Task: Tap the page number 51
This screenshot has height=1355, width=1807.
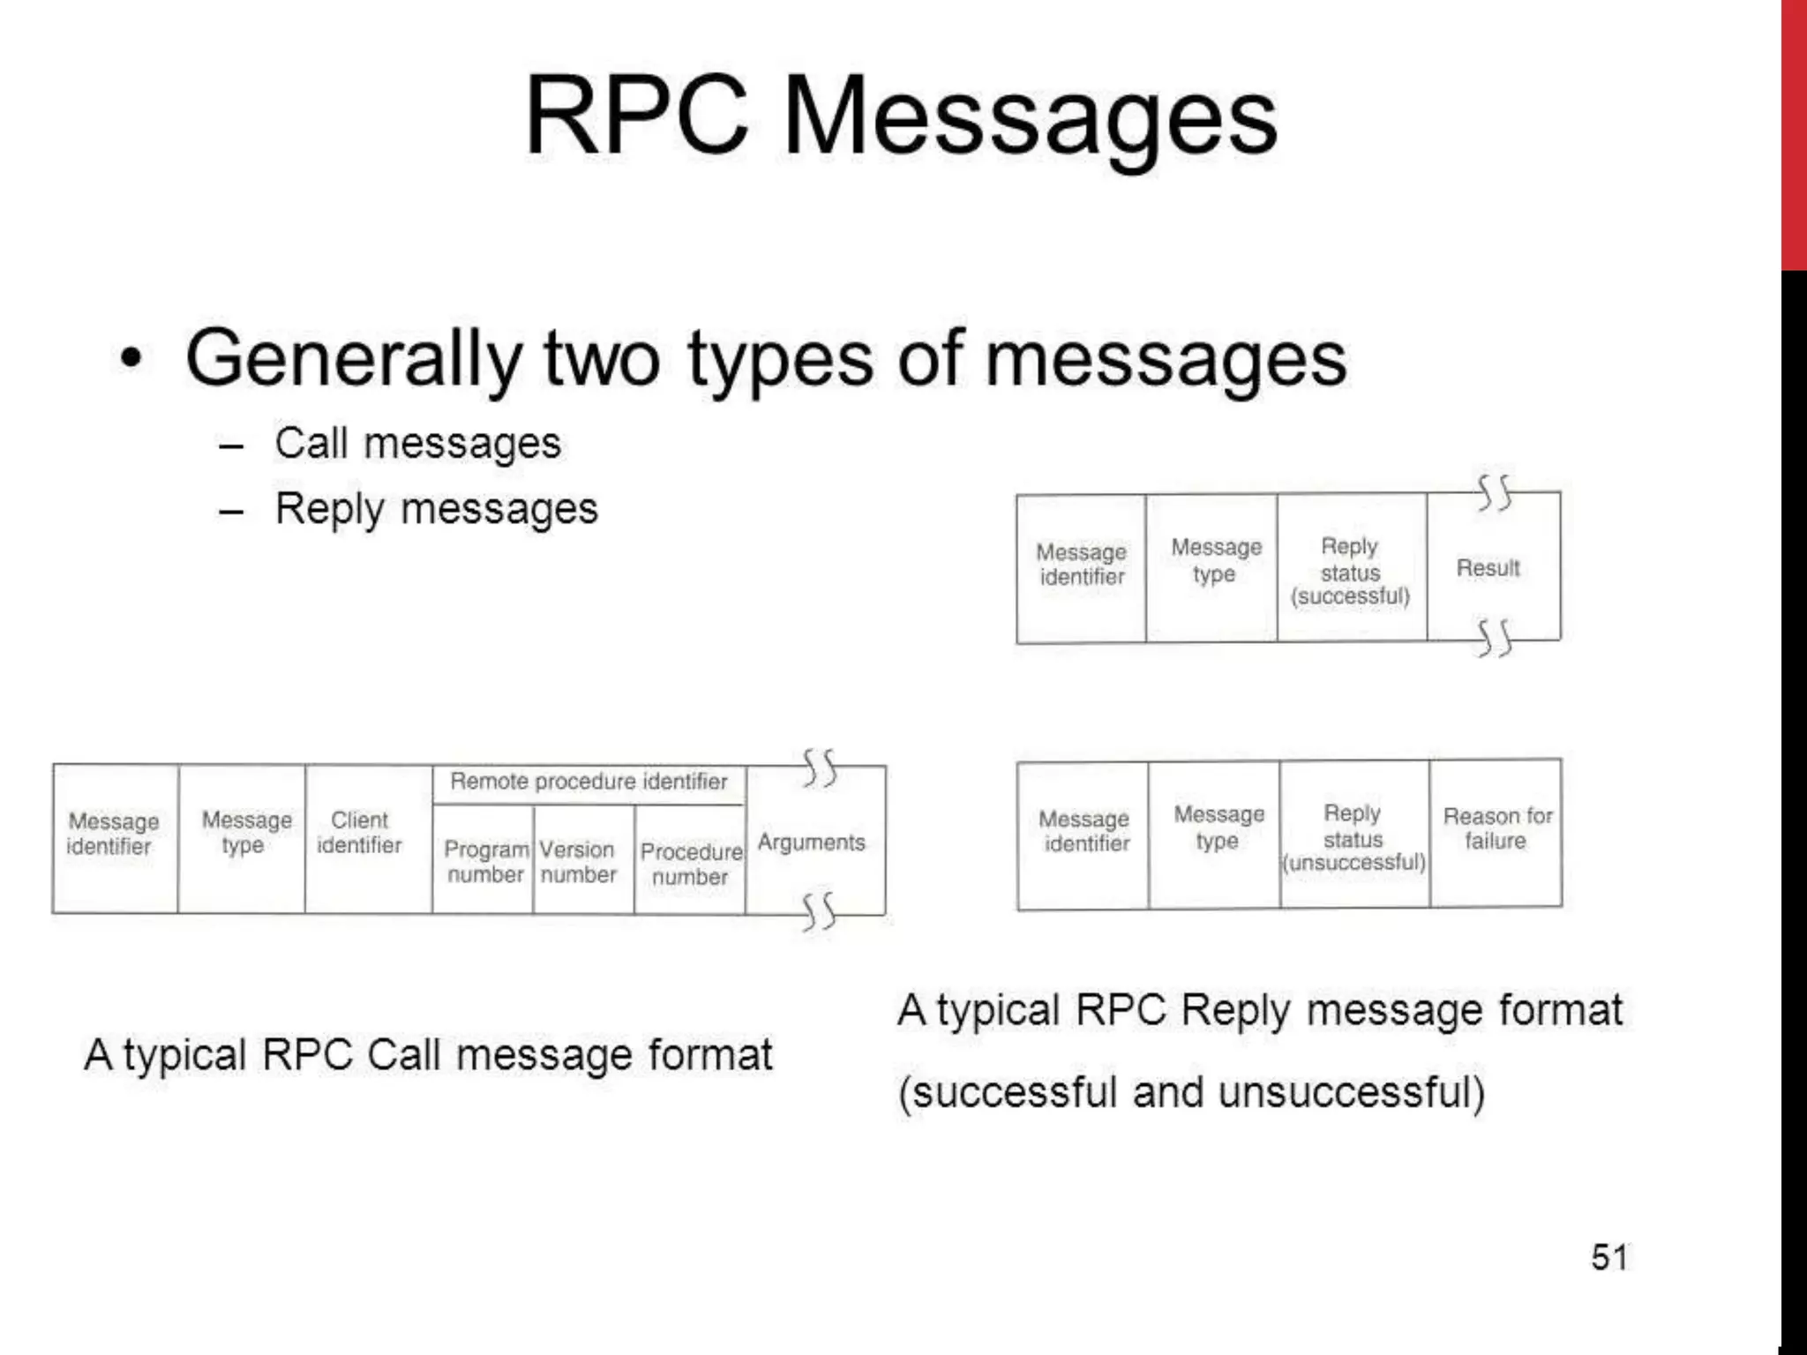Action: pos(1609,1257)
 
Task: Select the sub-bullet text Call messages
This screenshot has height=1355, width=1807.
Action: pos(417,443)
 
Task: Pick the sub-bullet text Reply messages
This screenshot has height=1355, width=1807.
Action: pos(436,509)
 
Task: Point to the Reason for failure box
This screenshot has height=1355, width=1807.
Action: pos(1496,829)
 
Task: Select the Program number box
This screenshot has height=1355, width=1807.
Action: pos(484,862)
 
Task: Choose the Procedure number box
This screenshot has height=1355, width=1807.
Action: pos(690,864)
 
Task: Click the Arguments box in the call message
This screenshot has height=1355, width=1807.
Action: pos(812,842)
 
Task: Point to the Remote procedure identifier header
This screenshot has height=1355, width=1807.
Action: pos(589,782)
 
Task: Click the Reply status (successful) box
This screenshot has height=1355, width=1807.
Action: pos(1351,572)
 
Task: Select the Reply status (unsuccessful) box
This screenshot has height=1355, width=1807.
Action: pos(1353,838)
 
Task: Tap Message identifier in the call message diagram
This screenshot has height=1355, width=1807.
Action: pos(113,834)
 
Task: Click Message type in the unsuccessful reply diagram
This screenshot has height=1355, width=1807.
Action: pos(1218,827)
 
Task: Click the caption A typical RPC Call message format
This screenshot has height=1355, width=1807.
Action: pos(428,1055)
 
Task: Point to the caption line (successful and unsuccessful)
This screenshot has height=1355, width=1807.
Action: pos(1191,1093)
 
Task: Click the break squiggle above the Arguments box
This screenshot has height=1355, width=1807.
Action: pos(819,767)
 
